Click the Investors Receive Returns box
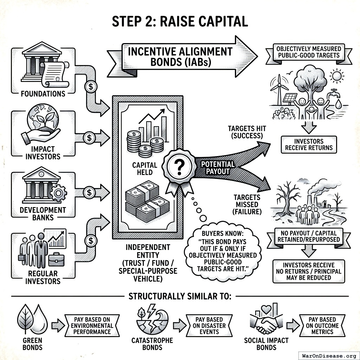click(x=308, y=144)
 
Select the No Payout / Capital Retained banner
click(x=308, y=236)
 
